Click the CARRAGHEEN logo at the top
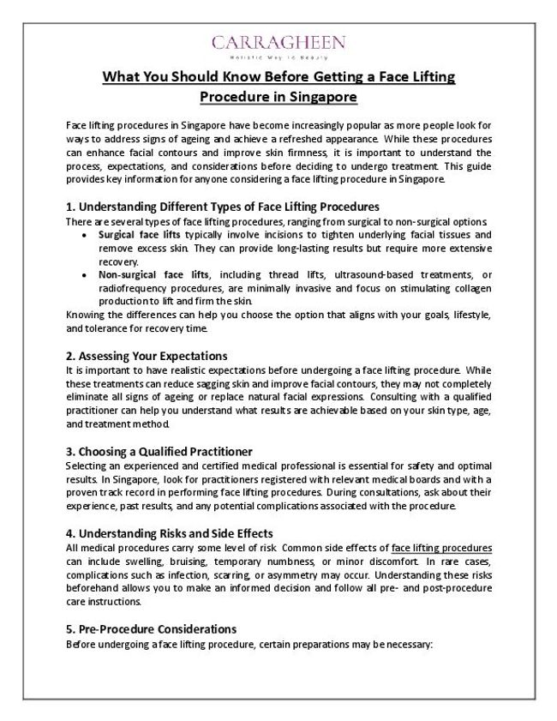coord(278,42)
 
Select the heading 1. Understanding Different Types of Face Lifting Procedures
coord(222,207)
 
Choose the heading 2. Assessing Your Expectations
coord(146,355)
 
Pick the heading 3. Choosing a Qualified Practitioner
coord(159,450)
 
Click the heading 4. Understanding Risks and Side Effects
coord(169,532)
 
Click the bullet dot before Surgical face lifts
coord(82,234)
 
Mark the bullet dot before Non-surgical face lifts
coord(82,274)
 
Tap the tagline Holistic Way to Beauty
coord(278,56)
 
